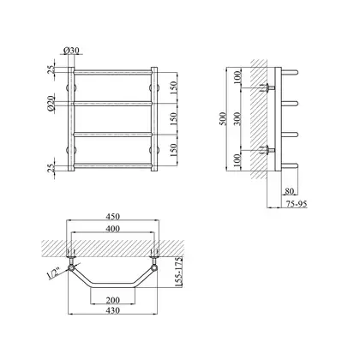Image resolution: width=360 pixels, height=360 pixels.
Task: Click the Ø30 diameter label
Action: [71, 51]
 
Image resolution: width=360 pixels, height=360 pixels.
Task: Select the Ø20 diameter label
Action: [51, 104]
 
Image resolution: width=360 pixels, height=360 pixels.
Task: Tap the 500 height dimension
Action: [223, 118]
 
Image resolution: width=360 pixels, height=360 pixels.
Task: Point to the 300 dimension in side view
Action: [237, 118]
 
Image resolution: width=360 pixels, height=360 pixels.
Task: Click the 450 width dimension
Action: [112, 216]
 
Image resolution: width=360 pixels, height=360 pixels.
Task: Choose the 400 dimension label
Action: [112, 229]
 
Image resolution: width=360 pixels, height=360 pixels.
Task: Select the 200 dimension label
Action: [112, 300]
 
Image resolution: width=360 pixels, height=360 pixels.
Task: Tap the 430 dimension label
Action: [112, 310]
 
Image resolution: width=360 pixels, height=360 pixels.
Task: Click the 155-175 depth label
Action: [178, 272]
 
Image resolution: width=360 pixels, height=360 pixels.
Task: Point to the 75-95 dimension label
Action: [296, 204]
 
